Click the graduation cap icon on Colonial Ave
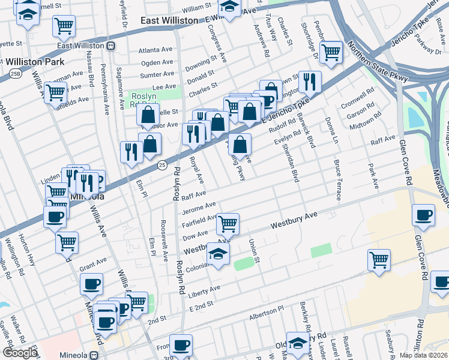coord(218,254)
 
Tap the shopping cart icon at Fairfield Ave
coord(228,224)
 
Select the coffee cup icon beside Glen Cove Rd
coord(423,215)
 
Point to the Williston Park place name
coord(30,62)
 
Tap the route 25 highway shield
coord(162,164)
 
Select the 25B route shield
coord(13,73)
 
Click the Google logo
coord(20,352)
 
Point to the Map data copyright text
coord(424,355)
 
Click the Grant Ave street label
coord(92,263)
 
